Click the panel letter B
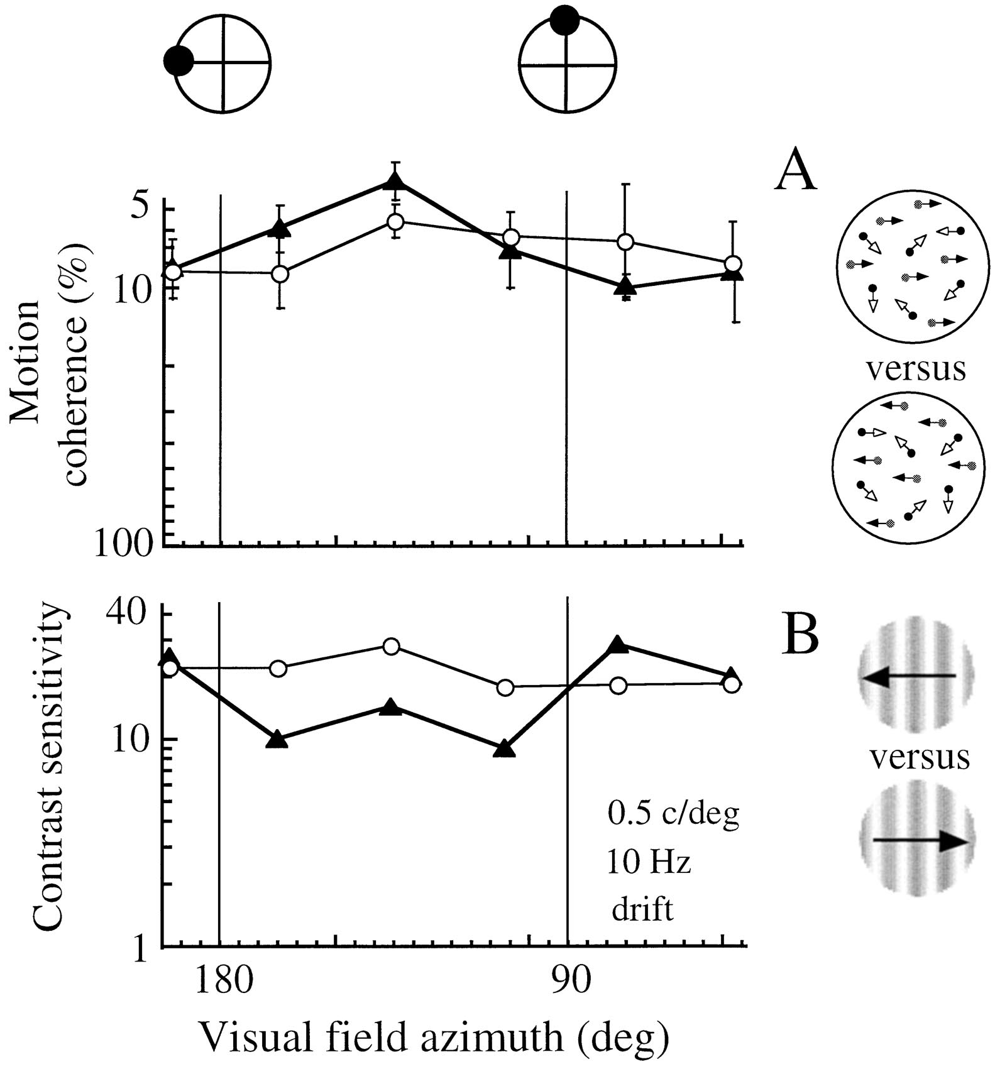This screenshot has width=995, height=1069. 800,636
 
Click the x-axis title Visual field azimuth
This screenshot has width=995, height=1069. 434,1038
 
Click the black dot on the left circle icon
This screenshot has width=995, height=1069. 178,62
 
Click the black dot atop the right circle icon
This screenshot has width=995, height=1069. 564,20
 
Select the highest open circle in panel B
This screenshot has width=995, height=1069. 391,647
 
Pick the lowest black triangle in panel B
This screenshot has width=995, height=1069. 504,749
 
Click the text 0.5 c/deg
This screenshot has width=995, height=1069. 673,815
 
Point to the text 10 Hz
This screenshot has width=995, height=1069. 649,862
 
